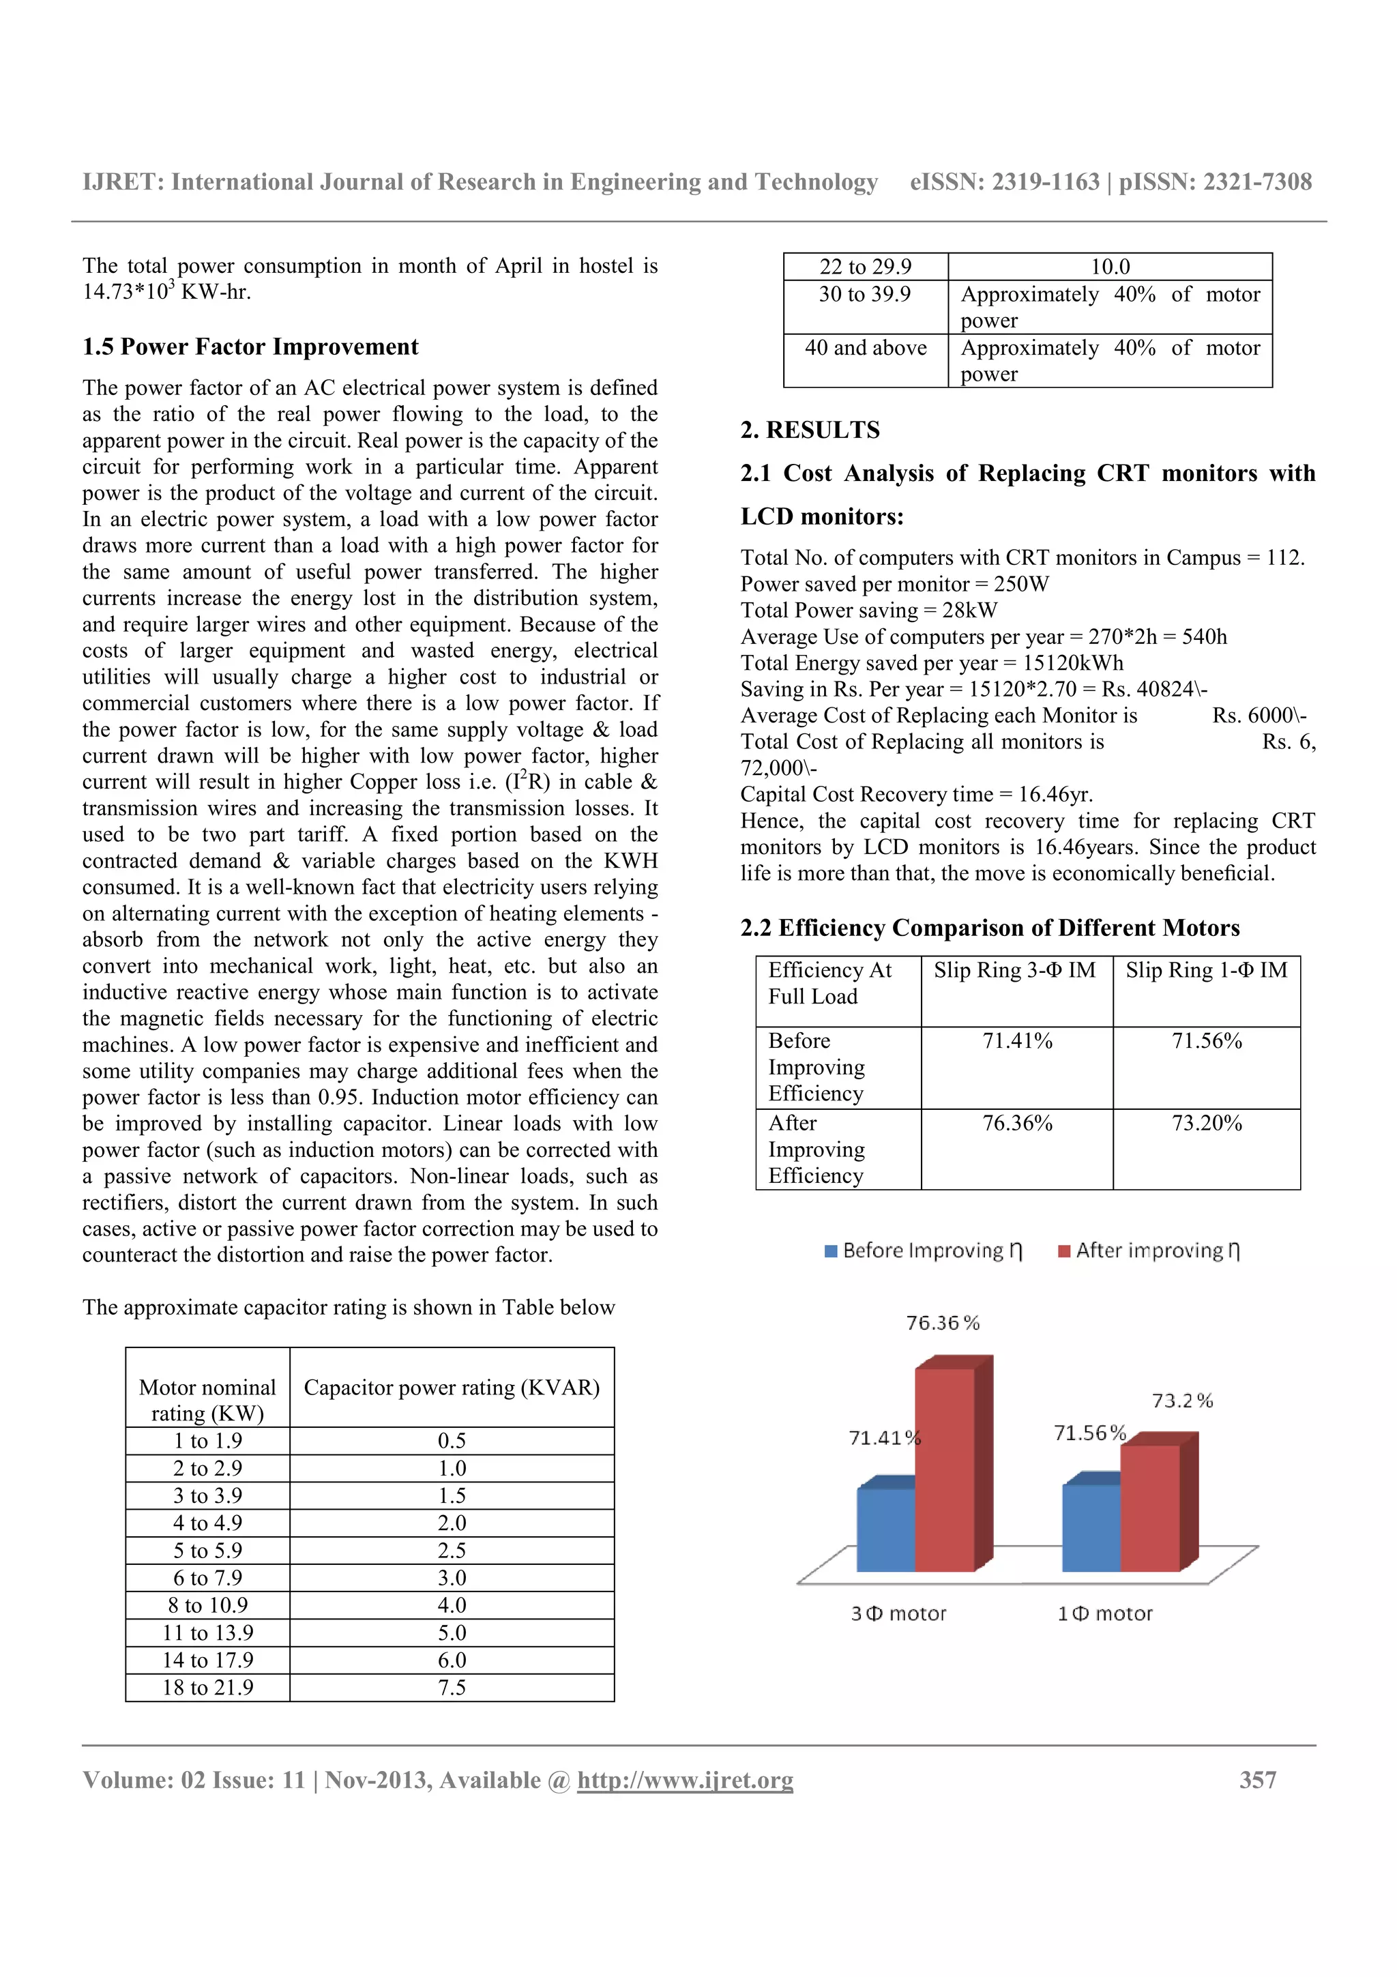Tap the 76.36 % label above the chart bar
point(943,1323)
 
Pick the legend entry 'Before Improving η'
point(923,1250)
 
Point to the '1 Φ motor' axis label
point(1104,1613)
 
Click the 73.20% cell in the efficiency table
point(1206,1123)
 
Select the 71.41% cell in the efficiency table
point(1018,1041)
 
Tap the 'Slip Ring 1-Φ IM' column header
point(1206,970)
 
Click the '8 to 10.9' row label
point(207,1605)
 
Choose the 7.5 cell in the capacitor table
point(452,1687)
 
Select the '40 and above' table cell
point(865,348)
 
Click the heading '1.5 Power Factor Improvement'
point(250,347)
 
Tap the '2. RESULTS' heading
point(810,430)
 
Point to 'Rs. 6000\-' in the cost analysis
point(1259,716)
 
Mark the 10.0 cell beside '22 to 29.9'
point(1110,267)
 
